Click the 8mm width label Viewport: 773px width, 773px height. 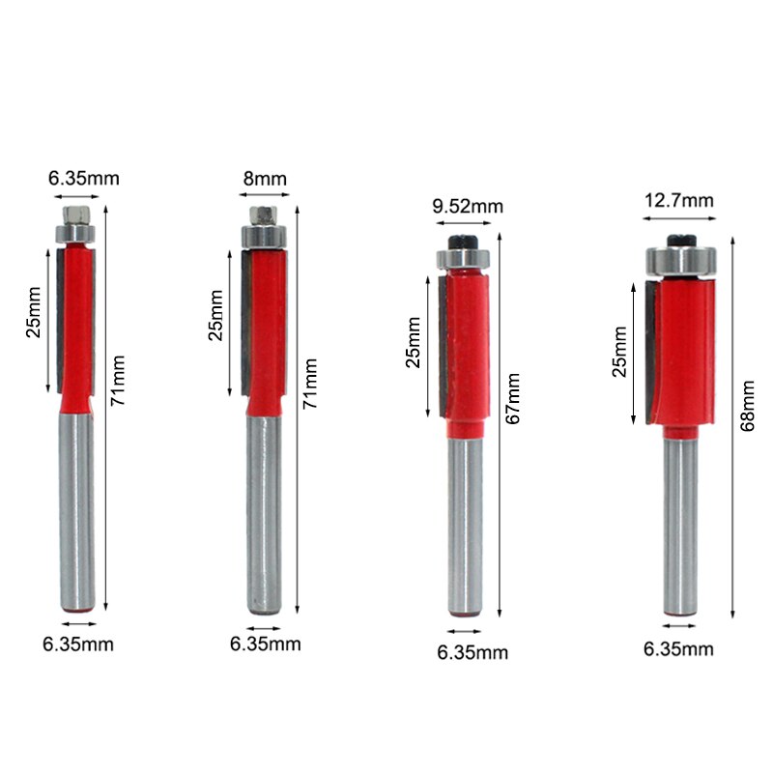click(x=266, y=179)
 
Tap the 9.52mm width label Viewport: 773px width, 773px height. click(x=467, y=206)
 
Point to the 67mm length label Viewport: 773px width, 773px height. click(x=513, y=399)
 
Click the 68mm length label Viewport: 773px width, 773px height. click(x=746, y=406)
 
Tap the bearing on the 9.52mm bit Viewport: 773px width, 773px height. click(x=466, y=258)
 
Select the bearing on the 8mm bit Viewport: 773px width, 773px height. click(x=264, y=232)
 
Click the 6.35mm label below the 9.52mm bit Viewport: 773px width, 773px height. click(x=472, y=653)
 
